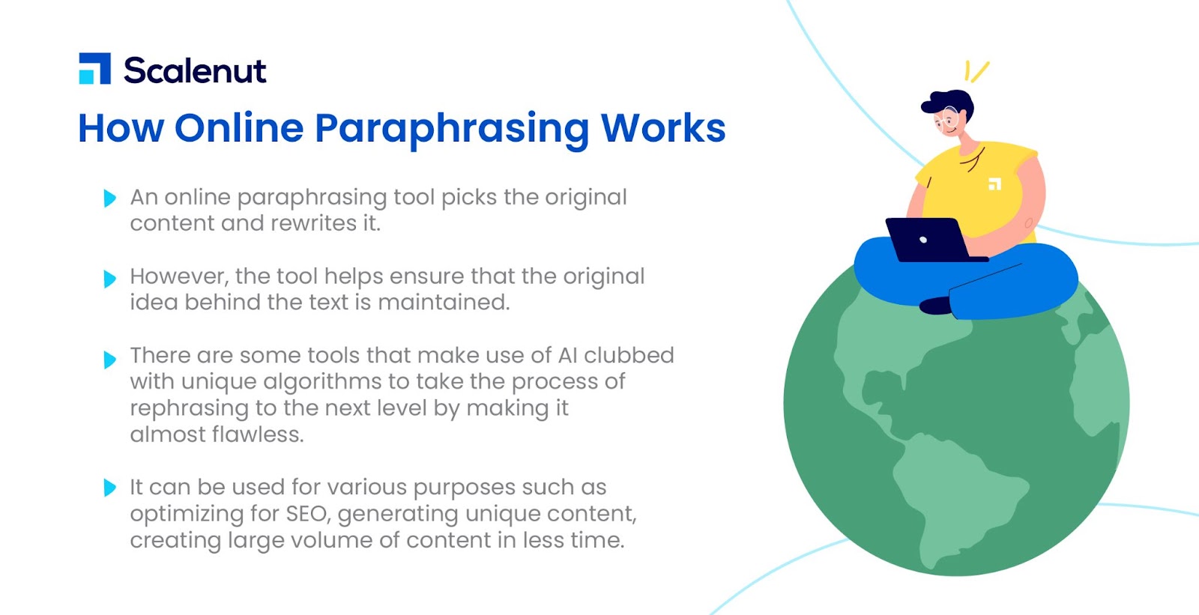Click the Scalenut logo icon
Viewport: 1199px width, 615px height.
coord(94,68)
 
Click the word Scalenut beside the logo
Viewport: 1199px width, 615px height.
coord(195,70)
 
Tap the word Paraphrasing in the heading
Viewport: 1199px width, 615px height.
coord(451,130)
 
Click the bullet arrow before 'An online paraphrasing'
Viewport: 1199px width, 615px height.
coord(109,198)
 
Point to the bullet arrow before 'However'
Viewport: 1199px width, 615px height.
coord(109,279)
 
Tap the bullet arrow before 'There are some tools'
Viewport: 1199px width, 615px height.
coord(109,359)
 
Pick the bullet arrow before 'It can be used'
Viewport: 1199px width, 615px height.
coord(109,487)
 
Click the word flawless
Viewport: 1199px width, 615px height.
coord(258,434)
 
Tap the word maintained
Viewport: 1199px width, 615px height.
coord(444,303)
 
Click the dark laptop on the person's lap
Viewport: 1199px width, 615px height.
coord(932,240)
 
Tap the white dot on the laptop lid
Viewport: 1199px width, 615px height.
coord(922,240)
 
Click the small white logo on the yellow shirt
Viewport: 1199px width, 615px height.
coord(994,184)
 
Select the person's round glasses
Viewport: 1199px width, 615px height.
coord(947,119)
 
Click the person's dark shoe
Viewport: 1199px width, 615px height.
coord(936,306)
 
